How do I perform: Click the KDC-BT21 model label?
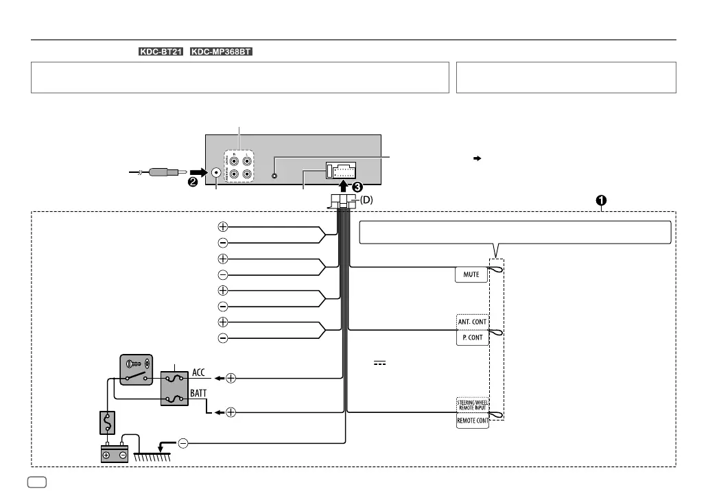161,52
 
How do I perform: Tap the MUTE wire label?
471,274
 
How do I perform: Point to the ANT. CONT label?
472,321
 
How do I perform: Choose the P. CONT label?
472,337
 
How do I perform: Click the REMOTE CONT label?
473,421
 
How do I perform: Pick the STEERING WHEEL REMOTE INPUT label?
473,404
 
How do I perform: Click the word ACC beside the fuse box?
198,372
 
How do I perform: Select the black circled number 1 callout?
600,200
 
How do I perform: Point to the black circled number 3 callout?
358,185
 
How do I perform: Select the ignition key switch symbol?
134,370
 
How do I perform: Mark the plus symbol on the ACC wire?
231,378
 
